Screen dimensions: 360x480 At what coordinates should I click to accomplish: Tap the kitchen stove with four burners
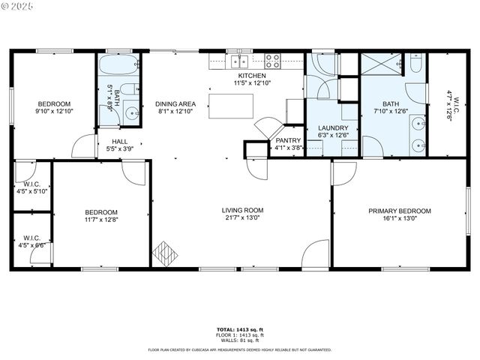tap(272, 61)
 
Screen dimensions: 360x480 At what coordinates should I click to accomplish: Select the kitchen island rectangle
tap(232, 106)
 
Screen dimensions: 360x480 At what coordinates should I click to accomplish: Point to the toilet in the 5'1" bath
tap(129, 91)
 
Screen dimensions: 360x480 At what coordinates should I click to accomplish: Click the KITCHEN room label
tap(252, 76)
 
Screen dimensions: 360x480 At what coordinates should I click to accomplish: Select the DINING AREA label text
tap(175, 103)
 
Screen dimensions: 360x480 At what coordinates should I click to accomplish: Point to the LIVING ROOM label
tap(242, 211)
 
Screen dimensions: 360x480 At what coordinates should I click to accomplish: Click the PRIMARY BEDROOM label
tap(400, 211)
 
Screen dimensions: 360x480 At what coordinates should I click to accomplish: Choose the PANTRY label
tap(288, 140)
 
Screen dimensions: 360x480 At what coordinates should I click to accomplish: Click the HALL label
tap(119, 141)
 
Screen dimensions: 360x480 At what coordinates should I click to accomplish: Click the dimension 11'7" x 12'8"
tap(101, 220)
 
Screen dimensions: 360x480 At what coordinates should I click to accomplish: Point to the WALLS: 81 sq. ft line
tap(240, 340)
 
